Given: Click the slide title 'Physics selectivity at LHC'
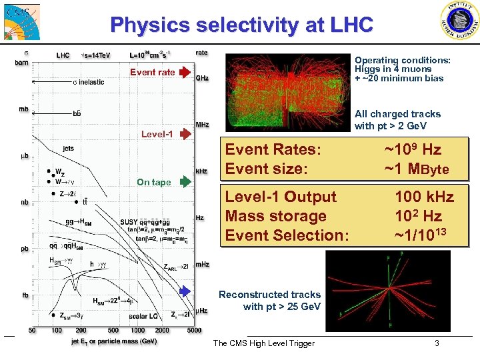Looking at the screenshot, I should click(x=241, y=25).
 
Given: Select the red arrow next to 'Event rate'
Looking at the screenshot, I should click(x=185, y=72).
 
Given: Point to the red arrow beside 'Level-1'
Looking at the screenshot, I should click(x=185, y=134).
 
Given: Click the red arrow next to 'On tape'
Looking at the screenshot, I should click(x=185, y=182).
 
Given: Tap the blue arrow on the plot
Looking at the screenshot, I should click(x=185, y=291).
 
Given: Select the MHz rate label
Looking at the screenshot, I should click(x=201, y=125).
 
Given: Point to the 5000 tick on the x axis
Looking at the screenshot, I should click(x=194, y=330).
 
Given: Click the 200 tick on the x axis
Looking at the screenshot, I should click(x=81, y=330).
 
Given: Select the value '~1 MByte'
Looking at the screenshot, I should click(x=417, y=169).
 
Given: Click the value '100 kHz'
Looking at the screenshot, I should click(x=424, y=197).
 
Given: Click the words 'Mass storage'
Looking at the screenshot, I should click(x=276, y=216).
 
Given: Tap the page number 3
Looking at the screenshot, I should click(x=437, y=343).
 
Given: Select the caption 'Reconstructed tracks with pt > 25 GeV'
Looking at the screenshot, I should click(x=270, y=301).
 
